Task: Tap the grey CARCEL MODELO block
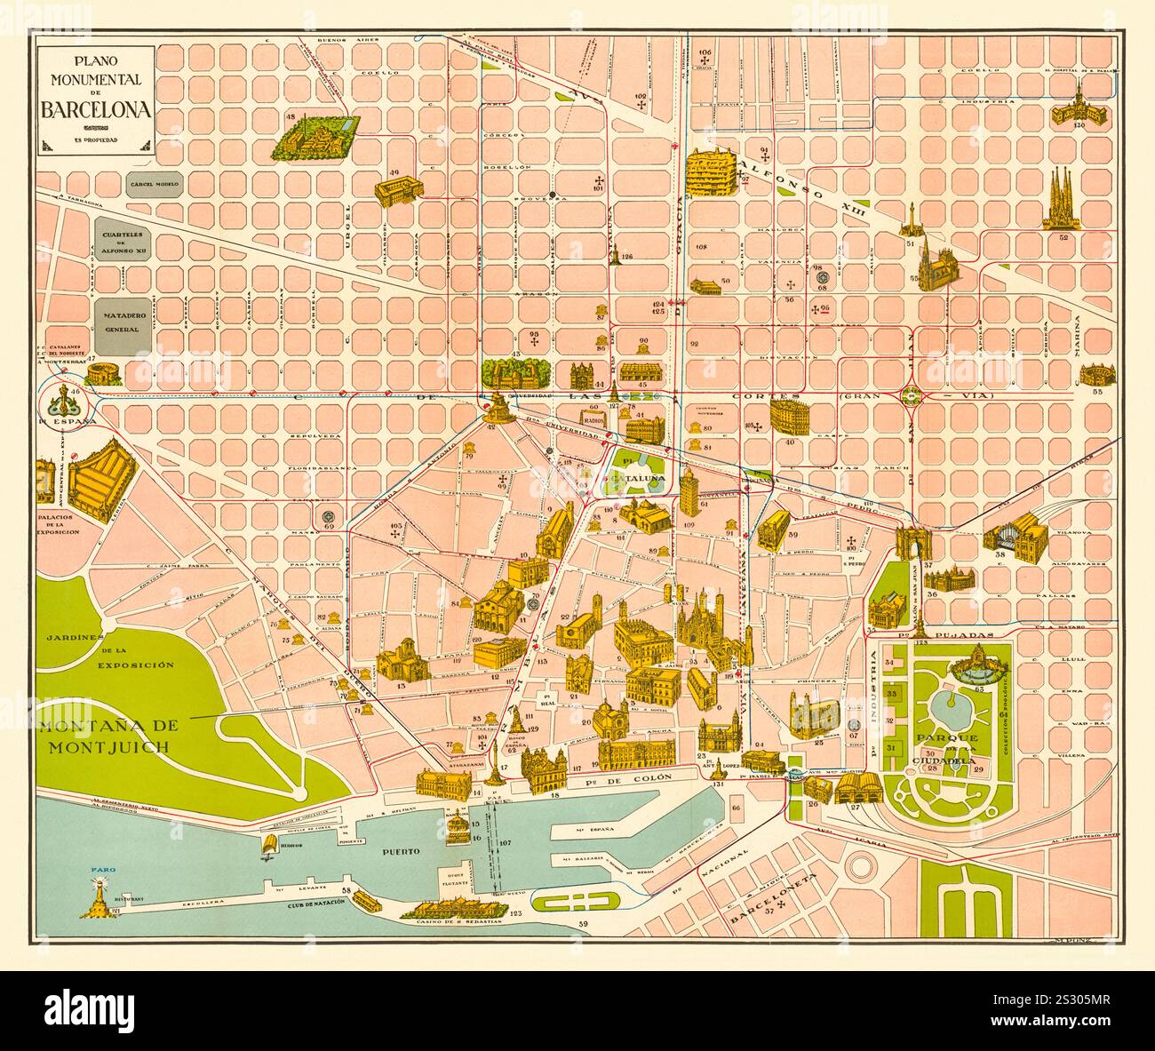(154, 185)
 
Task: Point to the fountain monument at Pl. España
(63, 400)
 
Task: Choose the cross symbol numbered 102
(640, 105)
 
